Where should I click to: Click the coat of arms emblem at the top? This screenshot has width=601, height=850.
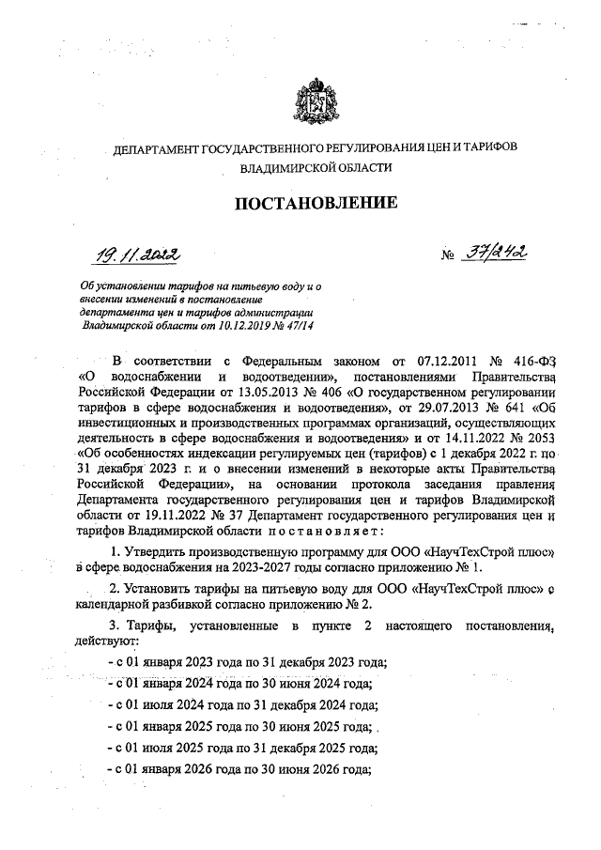pos(311,100)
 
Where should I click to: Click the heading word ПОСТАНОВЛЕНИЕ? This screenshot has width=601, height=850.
pos(310,203)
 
